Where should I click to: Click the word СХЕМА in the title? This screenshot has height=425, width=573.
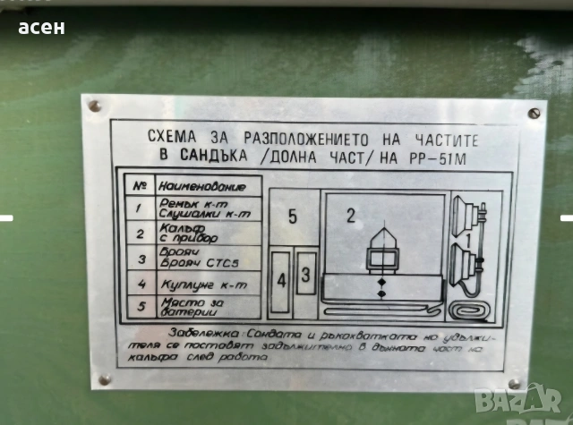(x=171, y=139)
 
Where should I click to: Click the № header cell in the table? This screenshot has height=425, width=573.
(x=139, y=186)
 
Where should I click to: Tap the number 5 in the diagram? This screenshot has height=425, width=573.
(x=293, y=217)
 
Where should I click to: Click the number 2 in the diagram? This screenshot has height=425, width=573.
(x=351, y=215)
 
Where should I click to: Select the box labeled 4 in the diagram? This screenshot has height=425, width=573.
(x=282, y=279)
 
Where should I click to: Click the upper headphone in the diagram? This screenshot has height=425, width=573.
(x=465, y=217)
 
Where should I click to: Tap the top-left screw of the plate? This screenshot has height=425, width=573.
(x=95, y=106)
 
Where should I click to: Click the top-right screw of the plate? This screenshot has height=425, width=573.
(x=534, y=113)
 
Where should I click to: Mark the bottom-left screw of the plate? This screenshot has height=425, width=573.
(x=104, y=379)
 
